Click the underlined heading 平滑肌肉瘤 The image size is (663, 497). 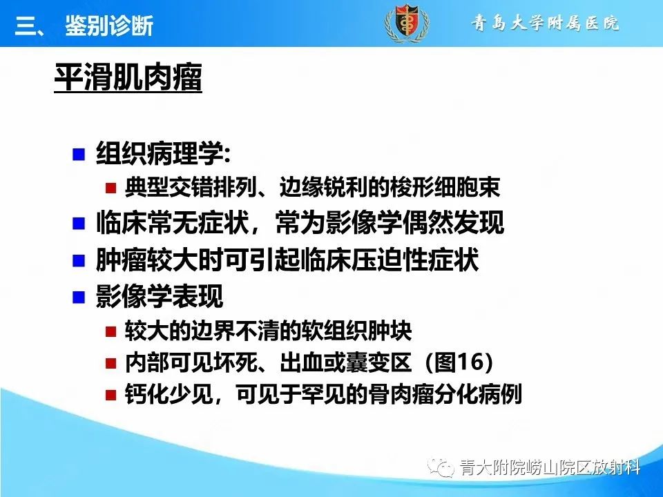pyautogui.click(x=128, y=78)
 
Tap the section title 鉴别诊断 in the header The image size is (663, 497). pyautogui.click(x=109, y=26)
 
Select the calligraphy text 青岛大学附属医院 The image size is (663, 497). pyautogui.click(x=546, y=23)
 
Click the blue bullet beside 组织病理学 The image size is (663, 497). pyautogui.click(x=79, y=153)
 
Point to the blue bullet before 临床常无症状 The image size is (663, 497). pyautogui.click(x=79, y=224)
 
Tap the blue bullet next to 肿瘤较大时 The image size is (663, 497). pyautogui.click(x=79, y=261)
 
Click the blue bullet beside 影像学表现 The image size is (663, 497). pyautogui.click(x=79, y=298)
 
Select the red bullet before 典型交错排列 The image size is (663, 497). pyautogui.click(x=110, y=188)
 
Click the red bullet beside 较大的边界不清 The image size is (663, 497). pyautogui.click(x=110, y=332)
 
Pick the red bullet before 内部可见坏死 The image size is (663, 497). pyautogui.click(x=110, y=363)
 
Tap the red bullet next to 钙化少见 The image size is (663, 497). pyautogui.click(x=110, y=396)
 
